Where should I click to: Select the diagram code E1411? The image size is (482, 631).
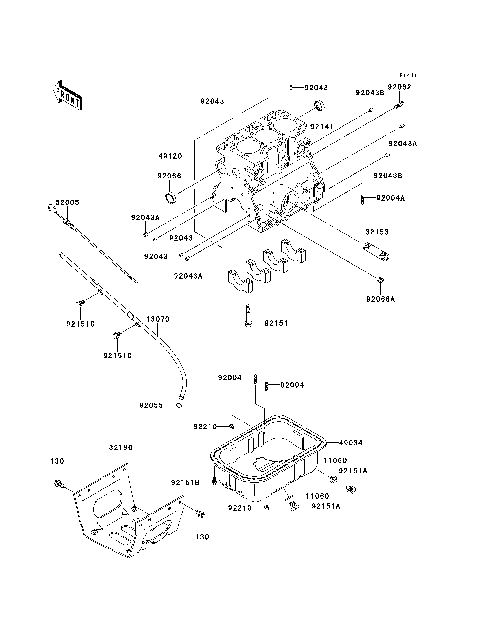[408, 75]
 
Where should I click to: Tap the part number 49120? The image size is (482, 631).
[170, 156]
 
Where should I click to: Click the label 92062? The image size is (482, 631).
[400, 87]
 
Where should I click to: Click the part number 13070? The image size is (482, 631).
[158, 319]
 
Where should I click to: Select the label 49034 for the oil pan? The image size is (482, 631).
[351, 443]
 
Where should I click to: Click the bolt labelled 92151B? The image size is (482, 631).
[214, 482]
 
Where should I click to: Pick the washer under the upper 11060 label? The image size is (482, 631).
[334, 479]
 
